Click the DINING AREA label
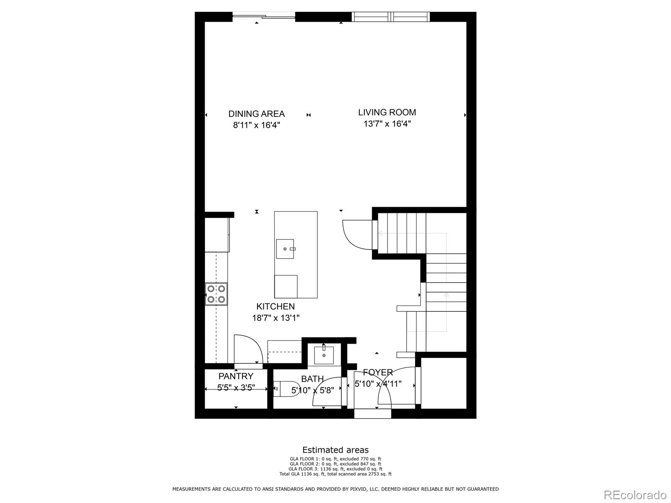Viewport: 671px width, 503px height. coord(256,114)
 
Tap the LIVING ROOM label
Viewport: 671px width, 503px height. coord(387,112)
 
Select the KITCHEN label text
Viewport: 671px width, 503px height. coord(276,306)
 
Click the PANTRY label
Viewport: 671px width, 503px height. coord(236,376)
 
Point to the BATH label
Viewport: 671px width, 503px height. coord(312,379)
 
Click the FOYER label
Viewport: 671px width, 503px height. coord(378,372)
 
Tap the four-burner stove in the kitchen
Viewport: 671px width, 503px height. coord(216,294)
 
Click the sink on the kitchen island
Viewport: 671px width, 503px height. coord(285,249)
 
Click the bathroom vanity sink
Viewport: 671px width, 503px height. coord(324,355)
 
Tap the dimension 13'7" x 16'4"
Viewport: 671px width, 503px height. coord(387,124)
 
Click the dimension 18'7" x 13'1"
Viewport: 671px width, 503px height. coord(276,318)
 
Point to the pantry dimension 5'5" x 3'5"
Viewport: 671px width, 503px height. coord(236,388)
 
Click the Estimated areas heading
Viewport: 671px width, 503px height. coord(335,450)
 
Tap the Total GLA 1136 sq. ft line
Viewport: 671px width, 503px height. coord(335,474)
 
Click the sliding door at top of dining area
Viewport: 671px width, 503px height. coord(264,16)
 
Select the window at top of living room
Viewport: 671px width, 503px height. coord(390,16)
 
